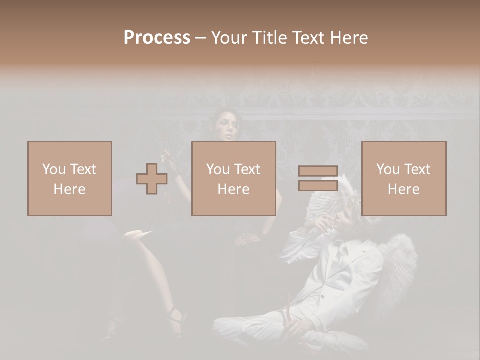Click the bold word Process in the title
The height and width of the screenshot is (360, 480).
(157, 38)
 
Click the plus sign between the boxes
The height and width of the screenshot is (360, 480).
(152, 179)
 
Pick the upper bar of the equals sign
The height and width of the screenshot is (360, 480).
(318, 172)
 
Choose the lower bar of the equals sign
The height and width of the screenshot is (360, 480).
(318, 185)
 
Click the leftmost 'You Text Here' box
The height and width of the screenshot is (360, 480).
(70, 179)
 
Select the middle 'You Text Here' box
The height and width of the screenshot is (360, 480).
(234, 179)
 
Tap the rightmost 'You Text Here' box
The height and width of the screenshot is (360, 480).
(404, 179)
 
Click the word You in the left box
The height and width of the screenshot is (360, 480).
(52, 169)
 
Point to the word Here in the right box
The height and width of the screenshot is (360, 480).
(403, 189)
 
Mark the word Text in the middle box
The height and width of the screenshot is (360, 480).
(247, 169)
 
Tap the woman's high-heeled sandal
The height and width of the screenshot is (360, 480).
(175, 320)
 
